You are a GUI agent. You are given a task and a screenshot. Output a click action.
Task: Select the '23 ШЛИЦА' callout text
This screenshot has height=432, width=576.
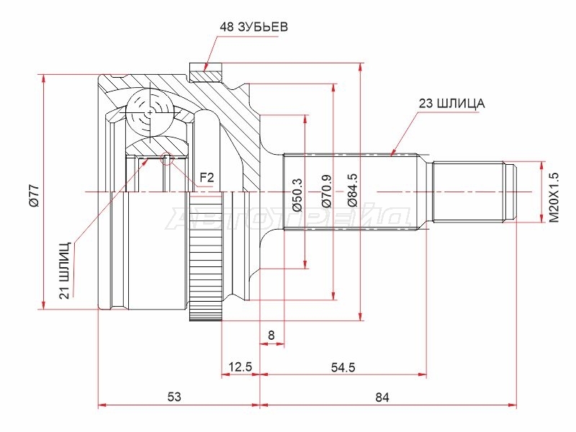tap(451, 104)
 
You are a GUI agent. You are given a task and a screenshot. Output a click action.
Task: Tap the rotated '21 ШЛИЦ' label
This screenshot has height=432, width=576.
tap(65, 269)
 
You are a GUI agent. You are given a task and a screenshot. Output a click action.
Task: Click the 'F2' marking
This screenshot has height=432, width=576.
tap(207, 178)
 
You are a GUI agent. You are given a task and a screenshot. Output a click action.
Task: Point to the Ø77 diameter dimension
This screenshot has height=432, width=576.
tap(34, 196)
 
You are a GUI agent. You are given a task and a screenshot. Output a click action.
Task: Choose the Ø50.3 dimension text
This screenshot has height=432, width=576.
tap(297, 195)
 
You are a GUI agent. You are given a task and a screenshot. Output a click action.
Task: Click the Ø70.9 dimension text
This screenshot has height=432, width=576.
tap(328, 191)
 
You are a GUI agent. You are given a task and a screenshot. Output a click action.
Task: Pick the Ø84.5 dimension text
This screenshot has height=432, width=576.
tap(352, 191)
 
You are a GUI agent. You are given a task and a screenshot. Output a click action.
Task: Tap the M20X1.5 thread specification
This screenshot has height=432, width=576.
tap(554, 197)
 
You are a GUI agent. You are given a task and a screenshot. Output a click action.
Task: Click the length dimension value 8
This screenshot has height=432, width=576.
tap(271, 335)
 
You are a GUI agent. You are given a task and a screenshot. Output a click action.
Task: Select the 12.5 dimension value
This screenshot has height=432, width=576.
tap(240, 366)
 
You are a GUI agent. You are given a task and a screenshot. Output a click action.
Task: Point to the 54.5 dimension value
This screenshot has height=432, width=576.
tap(343, 367)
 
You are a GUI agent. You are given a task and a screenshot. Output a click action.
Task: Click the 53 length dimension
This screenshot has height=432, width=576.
tap(175, 397)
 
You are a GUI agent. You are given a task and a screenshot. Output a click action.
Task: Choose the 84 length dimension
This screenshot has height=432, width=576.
tap(382, 397)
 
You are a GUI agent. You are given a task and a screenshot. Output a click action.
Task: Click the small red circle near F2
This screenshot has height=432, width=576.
tap(167, 158)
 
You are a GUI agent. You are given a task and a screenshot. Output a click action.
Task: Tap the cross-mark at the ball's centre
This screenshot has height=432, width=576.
tap(150, 112)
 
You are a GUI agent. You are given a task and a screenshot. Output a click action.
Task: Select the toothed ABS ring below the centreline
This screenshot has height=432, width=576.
tap(206, 256)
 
